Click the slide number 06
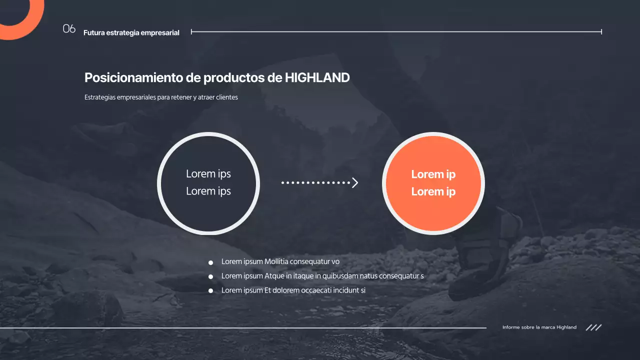(x=69, y=29)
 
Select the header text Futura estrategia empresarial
(x=131, y=33)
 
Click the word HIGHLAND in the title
(x=317, y=77)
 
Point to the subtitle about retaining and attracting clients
(x=161, y=97)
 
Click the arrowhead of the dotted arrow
(x=355, y=183)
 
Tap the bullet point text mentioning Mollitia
(x=280, y=261)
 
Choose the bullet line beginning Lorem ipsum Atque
(x=322, y=276)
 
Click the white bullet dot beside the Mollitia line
(x=211, y=262)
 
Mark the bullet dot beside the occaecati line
(x=211, y=290)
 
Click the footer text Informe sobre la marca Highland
(x=539, y=327)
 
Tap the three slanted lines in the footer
(x=593, y=327)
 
